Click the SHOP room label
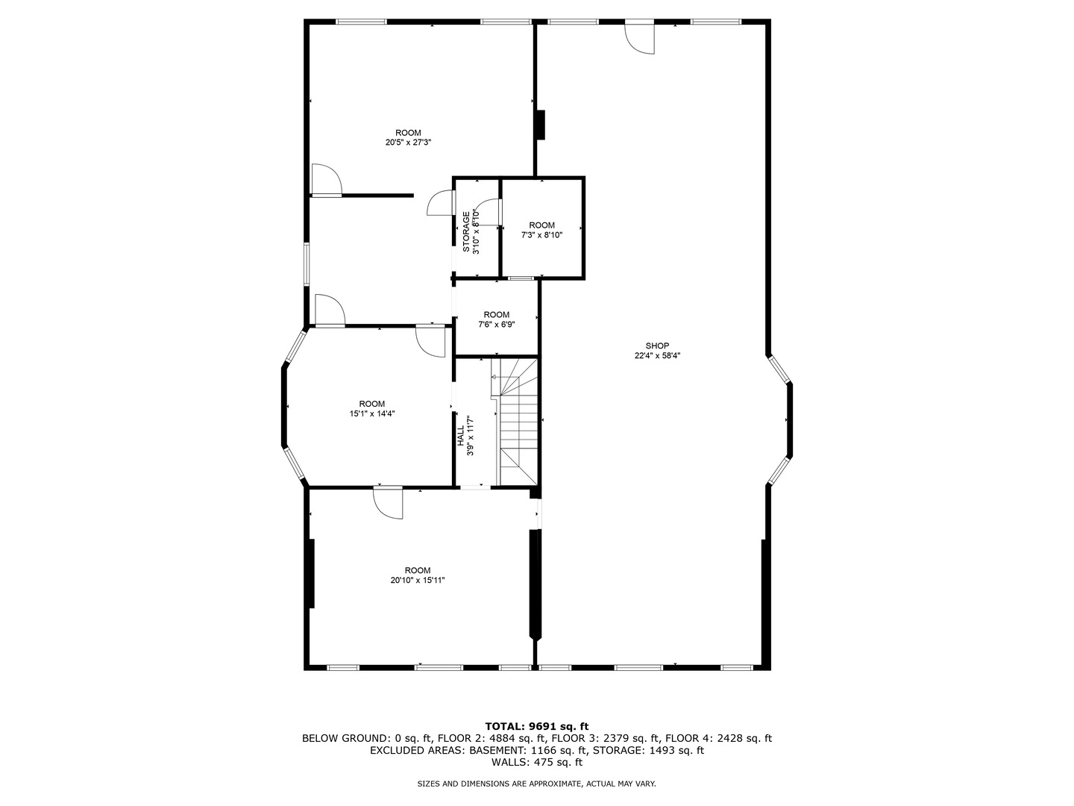click(x=657, y=346)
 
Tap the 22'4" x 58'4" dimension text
click(x=657, y=356)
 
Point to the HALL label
click(x=461, y=437)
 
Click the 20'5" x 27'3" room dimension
click(x=408, y=143)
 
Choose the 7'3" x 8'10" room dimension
click(x=541, y=235)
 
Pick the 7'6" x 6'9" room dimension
click(x=497, y=325)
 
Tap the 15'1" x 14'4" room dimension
click(x=372, y=413)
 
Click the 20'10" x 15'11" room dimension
click(x=418, y=580)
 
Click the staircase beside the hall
click(x=518, y=422)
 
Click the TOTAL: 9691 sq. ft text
click(x=537, y=726)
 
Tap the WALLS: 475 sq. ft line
click(x=537, y=763)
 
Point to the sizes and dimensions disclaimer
click(x=536, y=784)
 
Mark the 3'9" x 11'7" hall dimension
click(x=470, y=437)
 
